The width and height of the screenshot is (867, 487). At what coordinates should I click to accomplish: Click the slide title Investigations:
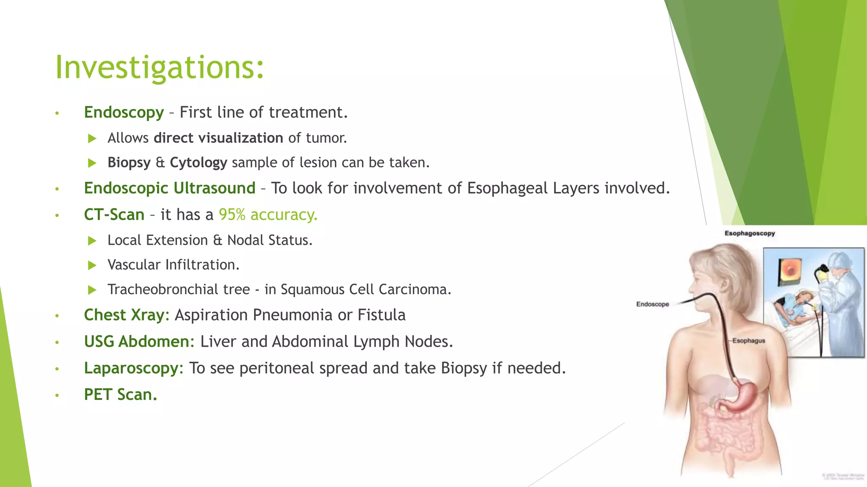[x=160, y=68]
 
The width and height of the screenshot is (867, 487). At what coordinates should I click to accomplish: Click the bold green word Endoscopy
[x=124, y=112]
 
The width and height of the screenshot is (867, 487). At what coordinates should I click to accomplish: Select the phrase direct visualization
[x=218, y=138]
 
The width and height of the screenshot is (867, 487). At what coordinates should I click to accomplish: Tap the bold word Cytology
[x=198, y=163]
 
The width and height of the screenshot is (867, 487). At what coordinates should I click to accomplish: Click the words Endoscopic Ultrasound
[x=169, y=189]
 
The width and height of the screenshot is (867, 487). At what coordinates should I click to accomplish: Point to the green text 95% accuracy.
[x=268, y=215]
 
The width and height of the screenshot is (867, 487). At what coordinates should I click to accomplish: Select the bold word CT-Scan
[x=114, y=215]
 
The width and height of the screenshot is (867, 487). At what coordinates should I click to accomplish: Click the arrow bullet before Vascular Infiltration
[x=92, y=265]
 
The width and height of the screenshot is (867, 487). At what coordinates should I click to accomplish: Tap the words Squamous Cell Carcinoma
[x=365, y=290]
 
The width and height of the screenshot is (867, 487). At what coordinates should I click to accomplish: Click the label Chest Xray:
[x=126, y=315]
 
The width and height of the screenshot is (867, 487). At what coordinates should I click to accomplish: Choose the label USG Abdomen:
[x=139, y=342]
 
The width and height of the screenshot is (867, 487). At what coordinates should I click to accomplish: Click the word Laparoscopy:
[x=133, y=368]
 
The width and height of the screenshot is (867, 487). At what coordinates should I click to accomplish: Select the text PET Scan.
[x=120, y=395]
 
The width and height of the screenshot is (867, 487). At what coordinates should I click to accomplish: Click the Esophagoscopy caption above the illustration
[x=749, y=233]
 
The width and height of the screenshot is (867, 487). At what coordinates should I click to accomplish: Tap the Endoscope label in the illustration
[x=652, y=304]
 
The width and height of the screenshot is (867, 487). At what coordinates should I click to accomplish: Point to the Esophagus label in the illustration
[x=748, y=341]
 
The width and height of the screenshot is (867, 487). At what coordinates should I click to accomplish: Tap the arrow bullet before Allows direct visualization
[x=92, y=139]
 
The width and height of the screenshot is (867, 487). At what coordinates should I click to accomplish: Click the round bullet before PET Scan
[x=57, y=396]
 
